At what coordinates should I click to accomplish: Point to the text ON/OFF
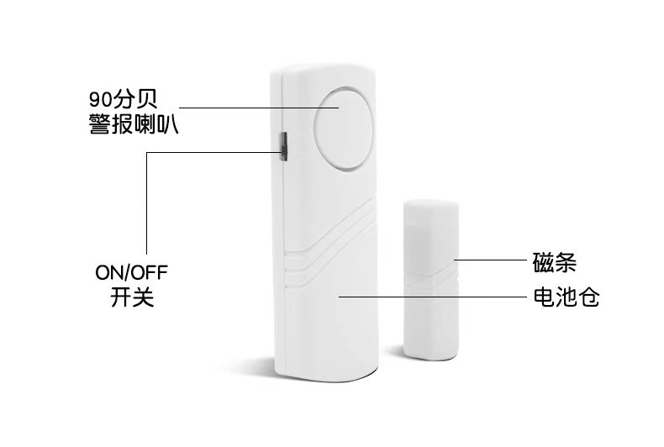coord(131,274)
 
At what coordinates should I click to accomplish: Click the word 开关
coord(131,297)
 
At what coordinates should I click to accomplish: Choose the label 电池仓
coord(566,297)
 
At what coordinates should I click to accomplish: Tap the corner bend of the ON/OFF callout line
coord(146,153)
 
